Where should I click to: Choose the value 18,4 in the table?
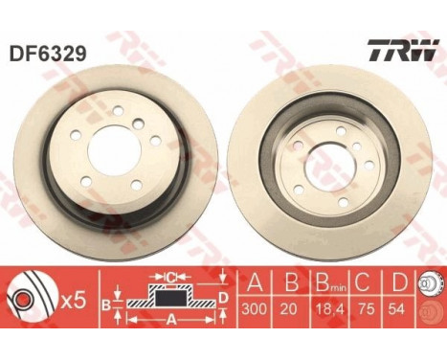coord(336,309)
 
